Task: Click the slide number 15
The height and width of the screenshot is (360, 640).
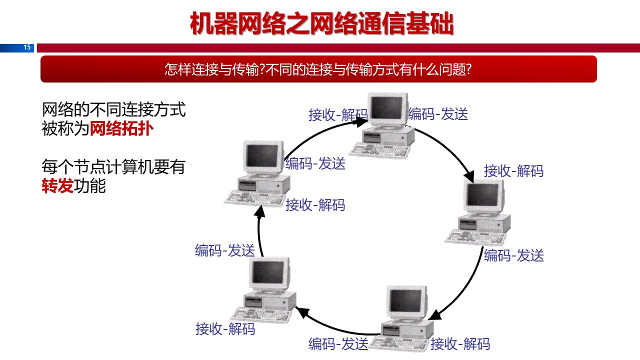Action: coord(27,47)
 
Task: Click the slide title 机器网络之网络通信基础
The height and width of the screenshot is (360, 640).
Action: coord(321,23)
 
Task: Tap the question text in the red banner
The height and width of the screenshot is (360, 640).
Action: coord(318,69)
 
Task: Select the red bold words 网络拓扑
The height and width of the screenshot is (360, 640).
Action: coord(121,129)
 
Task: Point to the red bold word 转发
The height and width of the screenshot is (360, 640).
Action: coord(57,186)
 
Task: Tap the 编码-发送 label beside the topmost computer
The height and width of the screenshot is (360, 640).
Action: coord(438,114)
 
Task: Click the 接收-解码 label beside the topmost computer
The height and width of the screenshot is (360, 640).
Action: coord(338,115)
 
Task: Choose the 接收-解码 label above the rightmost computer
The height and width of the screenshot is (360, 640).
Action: coord(513,171)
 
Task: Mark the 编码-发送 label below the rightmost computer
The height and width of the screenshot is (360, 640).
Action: coord(513,255)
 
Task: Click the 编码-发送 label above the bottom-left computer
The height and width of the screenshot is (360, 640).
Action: coord(225,250)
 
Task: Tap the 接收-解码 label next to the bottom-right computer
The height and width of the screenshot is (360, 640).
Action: coord(460,344)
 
